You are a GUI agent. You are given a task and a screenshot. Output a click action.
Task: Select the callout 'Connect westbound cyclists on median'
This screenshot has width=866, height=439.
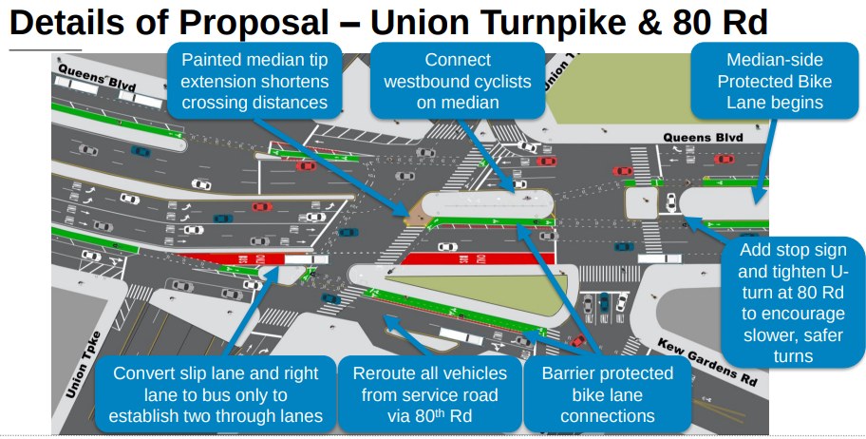click(x=458, y=82)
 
